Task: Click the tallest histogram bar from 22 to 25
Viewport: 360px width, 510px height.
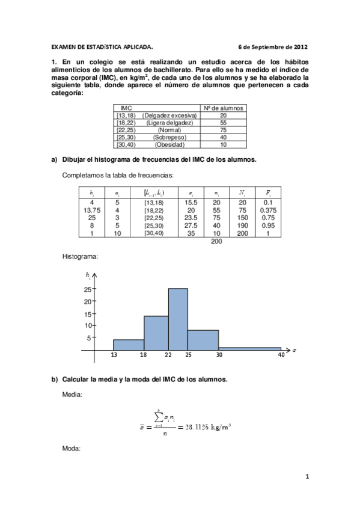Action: (x=178, y=319)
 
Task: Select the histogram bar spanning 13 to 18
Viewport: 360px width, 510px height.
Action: (x=128, y=344)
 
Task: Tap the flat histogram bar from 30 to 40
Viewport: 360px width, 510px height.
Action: (x=249, y=348)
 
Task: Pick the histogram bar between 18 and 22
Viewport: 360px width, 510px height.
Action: (x=156, y=333)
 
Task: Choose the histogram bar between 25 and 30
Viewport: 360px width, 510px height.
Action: (x=203, y=339)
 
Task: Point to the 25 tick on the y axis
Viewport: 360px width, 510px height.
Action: (x=87, y=289)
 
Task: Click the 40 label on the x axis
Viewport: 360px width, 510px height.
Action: (x=281, y=355)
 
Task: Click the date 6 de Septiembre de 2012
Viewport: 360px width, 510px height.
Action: (x=273, y=46)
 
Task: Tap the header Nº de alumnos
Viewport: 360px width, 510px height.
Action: (x=223, y=107)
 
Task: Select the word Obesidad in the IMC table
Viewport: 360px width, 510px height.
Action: (x=169, y=144)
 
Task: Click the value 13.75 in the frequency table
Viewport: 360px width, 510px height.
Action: (x=91, y=210)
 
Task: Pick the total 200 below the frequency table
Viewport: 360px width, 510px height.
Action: (x=217, y=241)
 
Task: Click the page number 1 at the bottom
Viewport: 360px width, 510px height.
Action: (x=306, y=477)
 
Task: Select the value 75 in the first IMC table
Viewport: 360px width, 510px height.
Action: (x=223, y=129)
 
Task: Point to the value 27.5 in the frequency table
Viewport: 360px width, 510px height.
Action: (x=191, y=226)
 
